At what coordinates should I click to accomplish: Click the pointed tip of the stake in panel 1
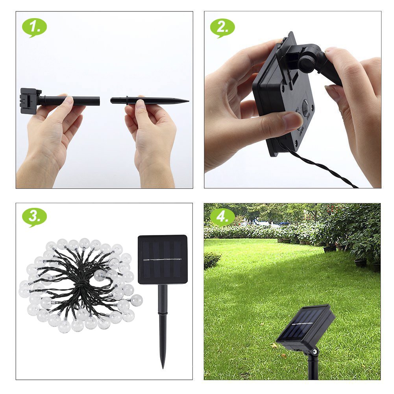[x=188, y=101]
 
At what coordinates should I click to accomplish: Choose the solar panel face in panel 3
[x=163, y=259]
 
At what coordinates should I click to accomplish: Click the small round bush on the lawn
[x=212, y=260]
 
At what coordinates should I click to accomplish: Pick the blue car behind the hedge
[x=285, y=224]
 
